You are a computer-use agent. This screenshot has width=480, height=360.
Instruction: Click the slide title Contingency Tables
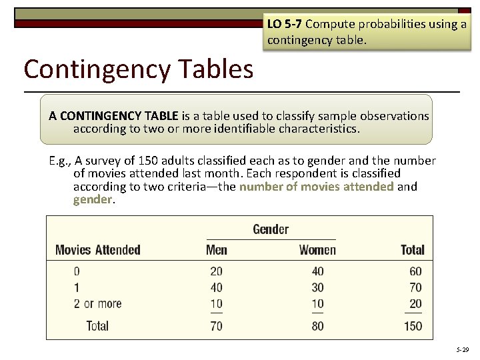pos(138,69)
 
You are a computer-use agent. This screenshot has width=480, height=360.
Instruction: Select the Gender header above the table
pos(271,229)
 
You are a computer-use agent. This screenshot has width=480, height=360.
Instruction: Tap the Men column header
pos(216,250)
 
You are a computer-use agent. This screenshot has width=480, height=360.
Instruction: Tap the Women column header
pos(317,250)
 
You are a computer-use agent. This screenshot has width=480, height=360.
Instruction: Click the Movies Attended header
pos(97,250)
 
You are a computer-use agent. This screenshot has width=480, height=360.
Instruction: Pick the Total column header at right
pos(412,250)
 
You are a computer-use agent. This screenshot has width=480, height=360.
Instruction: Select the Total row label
pos(97,326)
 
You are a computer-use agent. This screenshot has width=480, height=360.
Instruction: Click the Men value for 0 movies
pos(216,271)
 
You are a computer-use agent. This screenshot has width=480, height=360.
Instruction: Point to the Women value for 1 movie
pos(317,288)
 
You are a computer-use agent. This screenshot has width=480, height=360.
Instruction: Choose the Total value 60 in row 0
pos(415,271)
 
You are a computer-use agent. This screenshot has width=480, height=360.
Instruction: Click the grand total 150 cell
pos(413,326)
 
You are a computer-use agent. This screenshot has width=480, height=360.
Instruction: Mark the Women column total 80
pos(317,326)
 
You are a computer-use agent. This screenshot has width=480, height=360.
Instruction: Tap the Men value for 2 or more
pos(216,304)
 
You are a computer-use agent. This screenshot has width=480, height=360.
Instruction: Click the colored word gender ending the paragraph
pos(93,199)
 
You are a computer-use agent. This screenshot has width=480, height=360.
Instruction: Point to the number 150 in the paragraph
pos(151,161)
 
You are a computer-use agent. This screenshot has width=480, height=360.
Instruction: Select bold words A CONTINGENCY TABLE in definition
pos(113,116)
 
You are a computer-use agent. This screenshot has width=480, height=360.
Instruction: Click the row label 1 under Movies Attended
pos(77,288)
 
